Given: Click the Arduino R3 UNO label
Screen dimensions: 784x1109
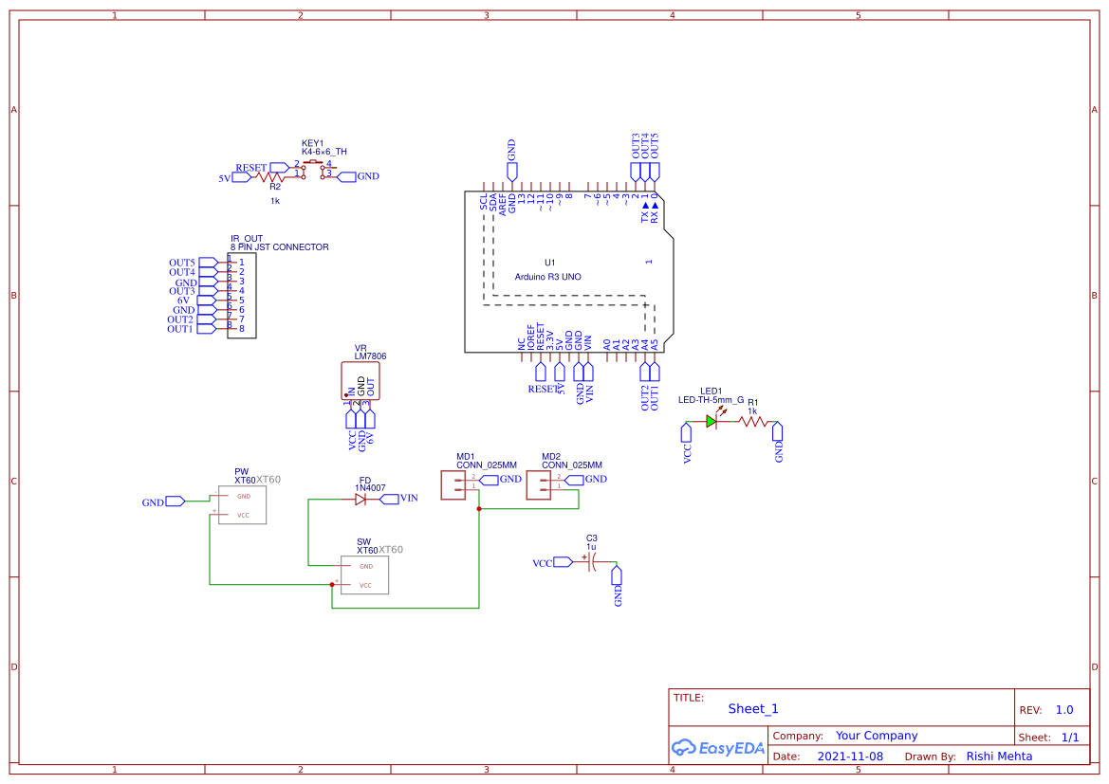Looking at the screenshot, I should [x=547, y=277].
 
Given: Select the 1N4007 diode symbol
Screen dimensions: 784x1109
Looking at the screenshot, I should [x=360, y=499].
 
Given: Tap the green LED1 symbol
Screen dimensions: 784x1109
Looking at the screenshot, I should [x=712, y=422].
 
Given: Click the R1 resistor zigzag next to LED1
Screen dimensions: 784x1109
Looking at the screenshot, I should [x=754, y=422].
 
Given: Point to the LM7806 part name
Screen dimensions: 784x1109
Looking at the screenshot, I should [x=370, y=356].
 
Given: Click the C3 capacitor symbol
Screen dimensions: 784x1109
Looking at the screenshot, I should [x=590, y=562].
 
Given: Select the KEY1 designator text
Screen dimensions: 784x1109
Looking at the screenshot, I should [x=312, y=142].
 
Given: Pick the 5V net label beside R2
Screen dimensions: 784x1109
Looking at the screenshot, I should [x=225, y=177].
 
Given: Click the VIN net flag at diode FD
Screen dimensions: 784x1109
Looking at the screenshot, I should [x=408, y=498].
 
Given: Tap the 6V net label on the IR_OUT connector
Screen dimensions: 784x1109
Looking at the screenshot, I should [x=184, y=301].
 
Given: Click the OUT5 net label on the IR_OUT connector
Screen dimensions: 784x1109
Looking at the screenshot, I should [x=181, y=263].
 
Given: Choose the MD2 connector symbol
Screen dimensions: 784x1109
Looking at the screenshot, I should [x=538, y=484].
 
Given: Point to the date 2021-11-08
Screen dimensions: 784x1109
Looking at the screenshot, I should [x=850, y=757].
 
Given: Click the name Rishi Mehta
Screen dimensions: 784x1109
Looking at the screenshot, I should [x=999, y=756].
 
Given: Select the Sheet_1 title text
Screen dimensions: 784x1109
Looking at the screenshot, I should [x=753, y=708].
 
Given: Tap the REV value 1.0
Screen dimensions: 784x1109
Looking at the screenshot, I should [x=1064, y=710].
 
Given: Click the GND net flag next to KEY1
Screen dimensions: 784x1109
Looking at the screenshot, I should [x=367, y=176].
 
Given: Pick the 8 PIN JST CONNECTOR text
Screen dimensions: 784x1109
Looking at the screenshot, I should [x=279, y=247].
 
